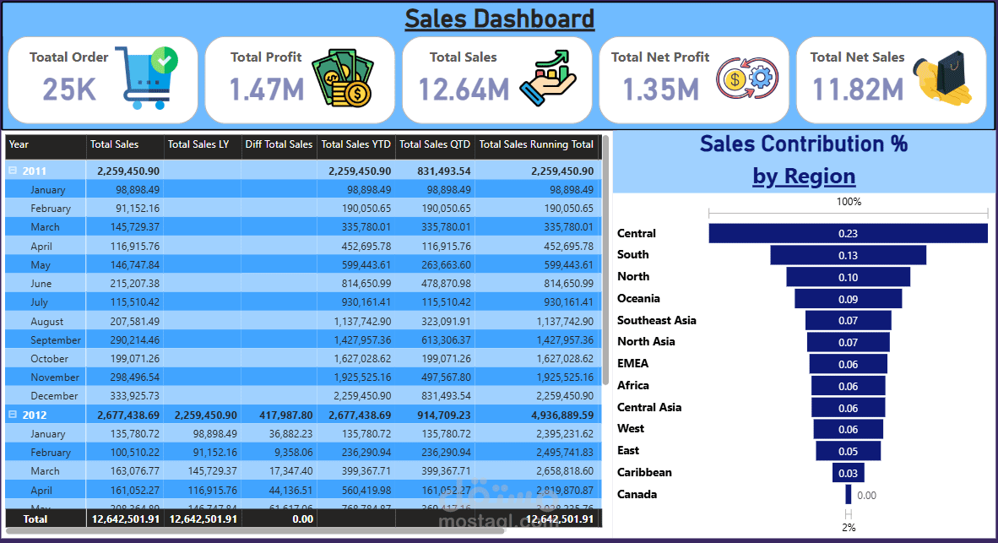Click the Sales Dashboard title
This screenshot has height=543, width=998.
tap(499, 19)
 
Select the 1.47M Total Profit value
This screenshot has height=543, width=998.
tap(267, 89)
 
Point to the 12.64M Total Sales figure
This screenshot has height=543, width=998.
tap(464, 89)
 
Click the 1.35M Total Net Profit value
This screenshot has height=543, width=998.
tap(660, 89)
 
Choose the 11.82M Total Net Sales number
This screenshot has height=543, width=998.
tap(858, 89)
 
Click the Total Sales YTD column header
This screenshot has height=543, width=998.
tap(356, 144)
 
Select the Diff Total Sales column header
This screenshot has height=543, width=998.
tap(279, 144)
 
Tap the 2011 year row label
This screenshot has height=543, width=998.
tap(35, 171)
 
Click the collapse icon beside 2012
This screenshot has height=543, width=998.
tap(13, 415)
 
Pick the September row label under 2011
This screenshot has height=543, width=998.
tap(56, 340)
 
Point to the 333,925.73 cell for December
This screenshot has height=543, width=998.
tap(129, 396)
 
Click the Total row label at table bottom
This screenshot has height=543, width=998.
tap(35, 519)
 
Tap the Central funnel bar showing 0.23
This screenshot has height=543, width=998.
tap(848, 233)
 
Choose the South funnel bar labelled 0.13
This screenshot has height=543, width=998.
tap(848, 255)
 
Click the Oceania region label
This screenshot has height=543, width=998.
tap(638, 298)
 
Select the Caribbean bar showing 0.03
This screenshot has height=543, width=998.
tap(848, 472)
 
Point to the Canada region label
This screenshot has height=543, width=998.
tap(637, 494)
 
